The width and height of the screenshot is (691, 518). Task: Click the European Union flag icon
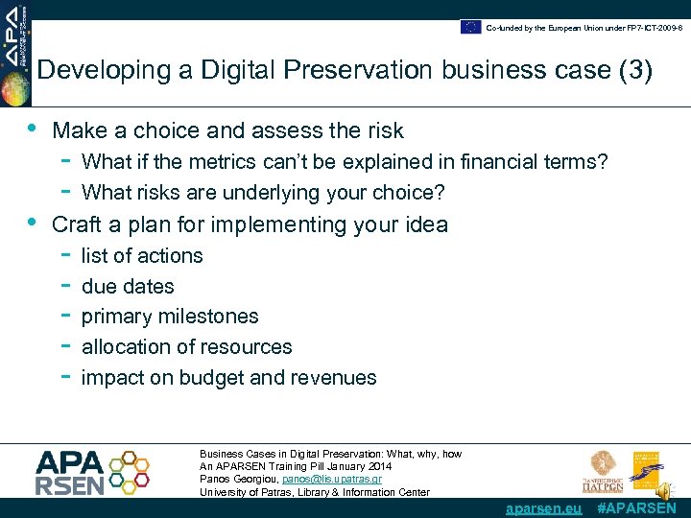click(x=470, y=27)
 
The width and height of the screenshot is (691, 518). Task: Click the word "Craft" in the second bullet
click(x=78, y=224)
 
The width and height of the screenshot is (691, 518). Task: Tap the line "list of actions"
click(x=142, y=256)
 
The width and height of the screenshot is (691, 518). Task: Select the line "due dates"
click(x=128, y=287)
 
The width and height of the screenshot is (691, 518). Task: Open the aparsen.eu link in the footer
click(x=543, y=508)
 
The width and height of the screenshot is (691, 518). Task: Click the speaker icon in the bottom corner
click(x=663, y=491)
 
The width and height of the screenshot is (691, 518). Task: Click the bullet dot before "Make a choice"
click(x=33, y=129)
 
